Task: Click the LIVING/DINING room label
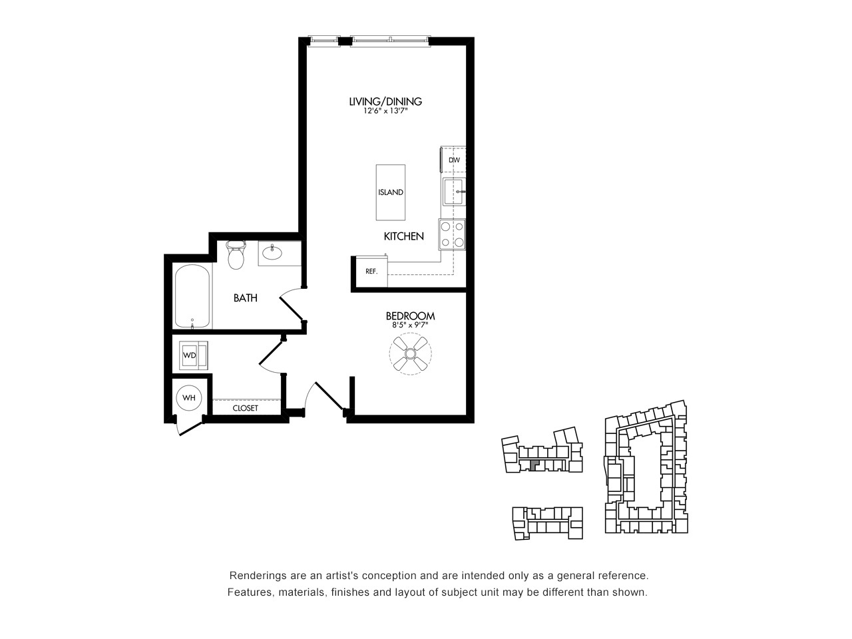pyautogui.click(x=385, y=102)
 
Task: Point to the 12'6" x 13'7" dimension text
pyautogui.click(x=385, y=111)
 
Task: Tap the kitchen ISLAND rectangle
pyautogui.click(x=391, y=192)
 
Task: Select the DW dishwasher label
pyautogui.click(x=454, y=160)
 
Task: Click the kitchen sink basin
pyautogui.click(x=454, y=192)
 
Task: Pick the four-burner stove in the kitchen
pyautogui.click(x=452, y=234)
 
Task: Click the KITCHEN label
pyautogui.click(x=403, y=236)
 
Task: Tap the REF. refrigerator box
pyautogui.click(x=371, y=271)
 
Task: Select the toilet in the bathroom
pyautogui.click(x=236, y=254)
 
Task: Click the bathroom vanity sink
pyautogui.click(x=272, y=253)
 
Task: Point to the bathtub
pyautogui.click(x=192, y=296)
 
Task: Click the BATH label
pyautogui.click(x=246, y=298)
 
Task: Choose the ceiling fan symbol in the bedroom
pyautogui.click(x=410, y=353)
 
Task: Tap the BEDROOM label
pyautogui.click(x=410, y=316)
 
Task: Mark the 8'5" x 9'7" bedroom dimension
pyautogui.click(x=410, y=325)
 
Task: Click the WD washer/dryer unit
pyautogui.click(x=193, y=355)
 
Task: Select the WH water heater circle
pyautogui.click(x=189, y=397)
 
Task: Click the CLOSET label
pyautogui.click(x=246, y=408)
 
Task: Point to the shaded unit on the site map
pyautogui.click(x=534, y=465)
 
